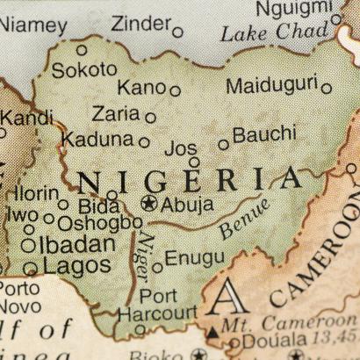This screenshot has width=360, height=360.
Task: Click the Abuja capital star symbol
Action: (x=148, y=204)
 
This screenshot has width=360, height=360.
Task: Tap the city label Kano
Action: (x=140, y=88)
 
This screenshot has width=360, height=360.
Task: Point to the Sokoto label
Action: (x=83, y=69)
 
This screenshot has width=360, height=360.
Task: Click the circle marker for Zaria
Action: (x=151, y=118)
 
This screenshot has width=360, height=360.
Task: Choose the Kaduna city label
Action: (x=97, y=140)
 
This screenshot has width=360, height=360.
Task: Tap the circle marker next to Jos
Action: (x=194, y=162)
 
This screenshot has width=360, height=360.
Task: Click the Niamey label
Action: (x=34, y=25)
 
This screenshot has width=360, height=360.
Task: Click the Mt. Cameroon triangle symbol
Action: (x=212, y=332)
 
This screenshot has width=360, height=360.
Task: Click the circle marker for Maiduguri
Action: (x=327, y=88)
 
